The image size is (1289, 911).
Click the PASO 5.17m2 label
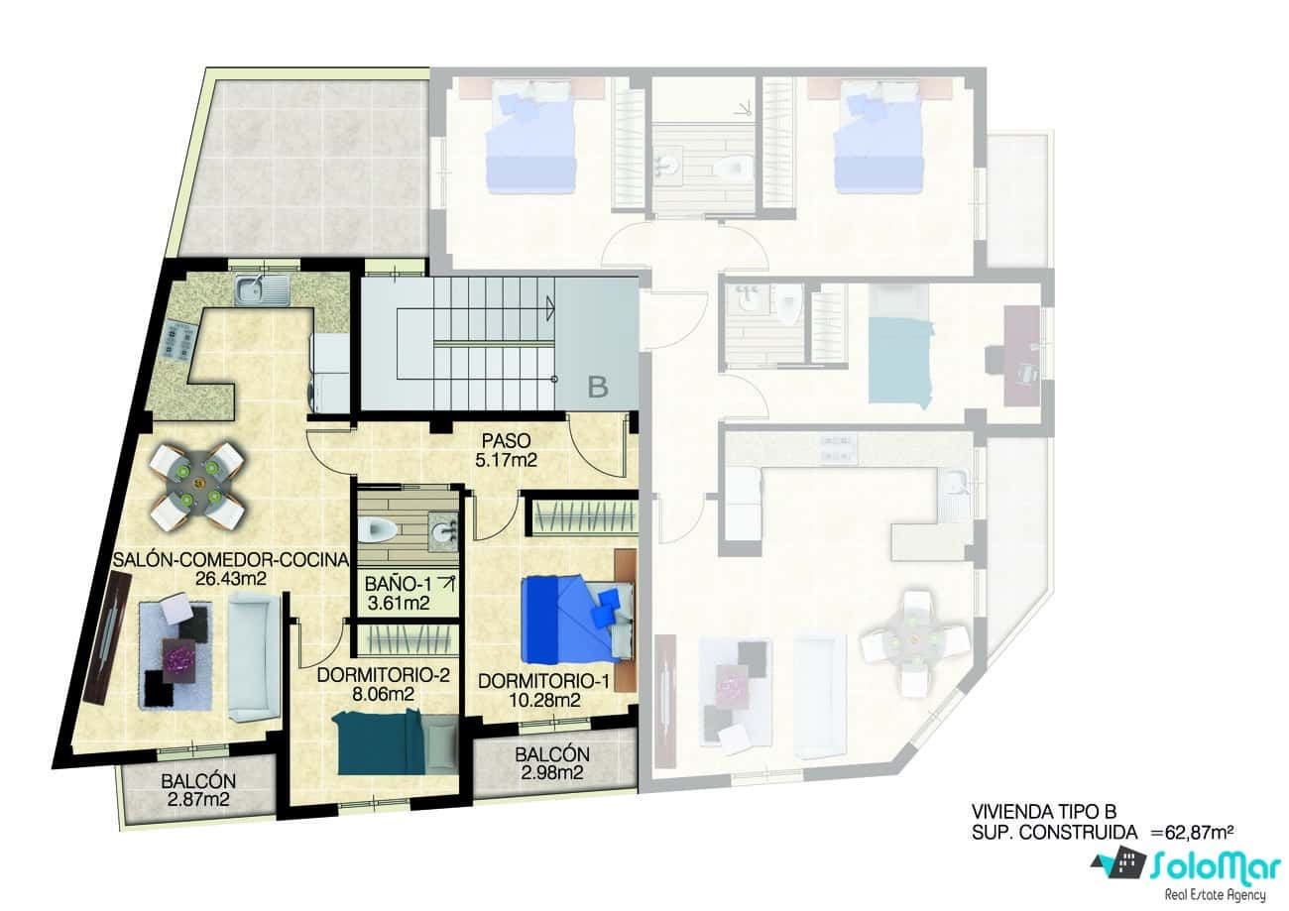pos(507,449)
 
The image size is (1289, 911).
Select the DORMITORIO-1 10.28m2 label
pos(542,691)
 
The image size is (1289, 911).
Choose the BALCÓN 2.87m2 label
pos(198,790)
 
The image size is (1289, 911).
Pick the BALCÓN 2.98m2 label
pos(552,763)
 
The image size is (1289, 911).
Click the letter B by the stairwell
pos(597,387)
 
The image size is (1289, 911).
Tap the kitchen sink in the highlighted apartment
pos(261,290)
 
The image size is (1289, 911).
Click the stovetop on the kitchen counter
pos(177,342)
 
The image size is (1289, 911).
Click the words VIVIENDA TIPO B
pos(1036,811)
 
